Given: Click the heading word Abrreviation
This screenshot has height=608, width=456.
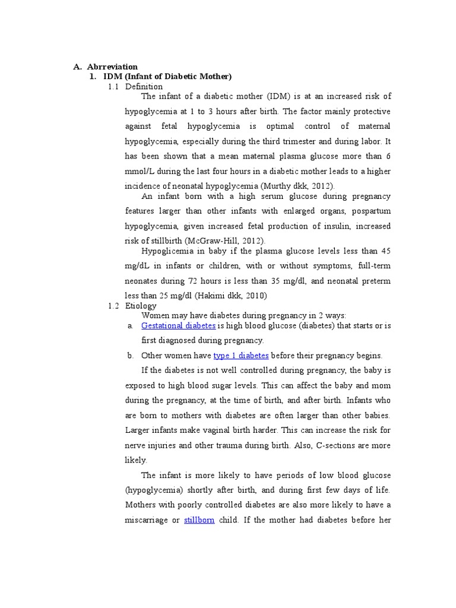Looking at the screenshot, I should tap(112, 67).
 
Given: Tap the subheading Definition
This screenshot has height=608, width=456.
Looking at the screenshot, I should tap(144, 87).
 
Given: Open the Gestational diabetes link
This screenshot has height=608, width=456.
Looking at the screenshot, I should tap(178, 326).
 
